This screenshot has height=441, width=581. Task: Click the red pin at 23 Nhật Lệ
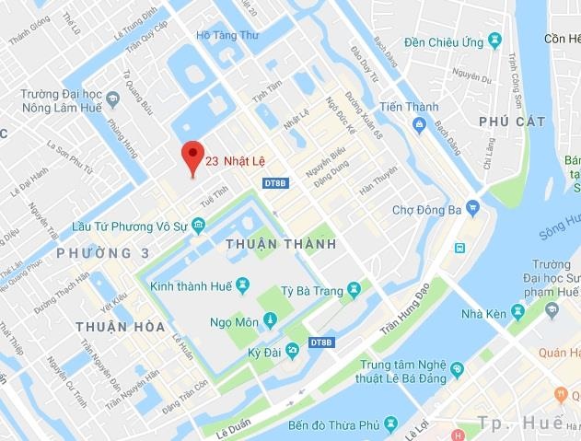192,157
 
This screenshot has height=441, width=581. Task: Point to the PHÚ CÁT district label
512,121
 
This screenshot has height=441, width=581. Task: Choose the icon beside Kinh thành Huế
242,284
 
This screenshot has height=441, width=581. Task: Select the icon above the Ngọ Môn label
269,319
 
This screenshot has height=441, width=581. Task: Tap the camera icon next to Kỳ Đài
292,351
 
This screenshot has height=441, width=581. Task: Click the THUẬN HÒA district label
120,326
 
